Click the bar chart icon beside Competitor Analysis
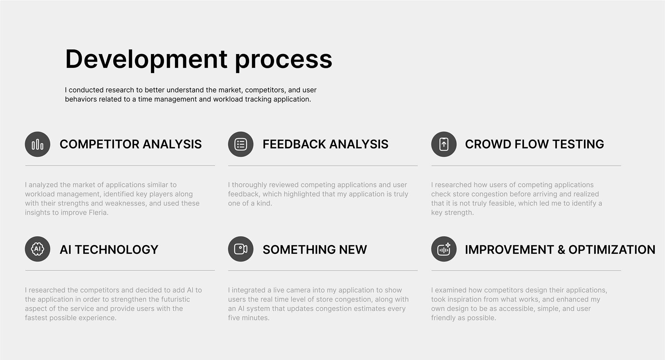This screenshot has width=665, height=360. [37, 144]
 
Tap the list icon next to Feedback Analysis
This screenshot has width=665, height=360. [241, 144]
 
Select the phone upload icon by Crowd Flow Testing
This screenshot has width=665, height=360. [444, 144]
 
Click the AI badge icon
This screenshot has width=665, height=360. [37, 249]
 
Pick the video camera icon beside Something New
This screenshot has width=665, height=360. [241, 249]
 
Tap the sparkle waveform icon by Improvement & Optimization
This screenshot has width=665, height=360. [444, 249]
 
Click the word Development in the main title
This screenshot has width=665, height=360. [146, 59]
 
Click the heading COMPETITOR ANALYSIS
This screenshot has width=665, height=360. [131, 144]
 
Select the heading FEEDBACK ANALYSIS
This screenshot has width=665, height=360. [326, 144]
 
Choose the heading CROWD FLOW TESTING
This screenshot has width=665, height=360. [534, 144]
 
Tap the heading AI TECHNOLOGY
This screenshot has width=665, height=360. [109, 249]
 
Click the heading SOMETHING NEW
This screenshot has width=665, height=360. [315, 249]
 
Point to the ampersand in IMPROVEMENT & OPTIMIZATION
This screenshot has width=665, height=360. [561, 250]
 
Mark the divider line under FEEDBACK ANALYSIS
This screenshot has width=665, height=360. [323, 166]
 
